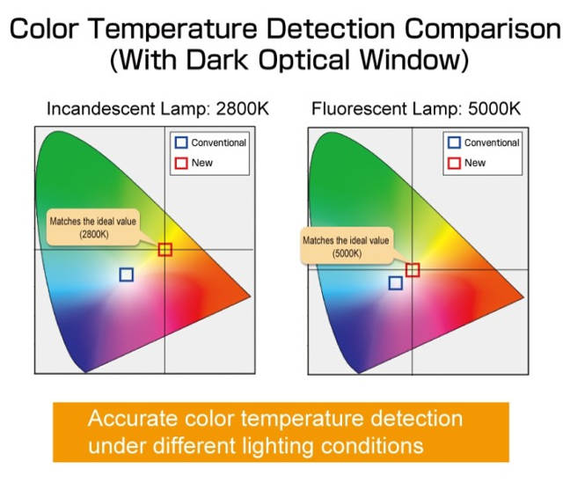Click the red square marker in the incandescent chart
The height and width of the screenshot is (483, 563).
pos(158,249)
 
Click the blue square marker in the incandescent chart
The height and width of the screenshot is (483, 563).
pos(120,274)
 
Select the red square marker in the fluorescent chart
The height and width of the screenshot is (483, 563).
pos(406,270)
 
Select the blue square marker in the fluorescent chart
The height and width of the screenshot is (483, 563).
pos(390,283)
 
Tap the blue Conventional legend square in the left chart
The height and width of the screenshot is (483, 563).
pos(176,143)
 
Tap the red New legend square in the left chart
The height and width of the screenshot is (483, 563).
pos(176,163)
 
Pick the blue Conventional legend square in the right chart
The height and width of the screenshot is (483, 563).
pos(449,143)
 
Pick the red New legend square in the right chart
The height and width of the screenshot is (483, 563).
pos(449,163)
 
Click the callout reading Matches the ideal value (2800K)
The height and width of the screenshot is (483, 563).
pos(93,228)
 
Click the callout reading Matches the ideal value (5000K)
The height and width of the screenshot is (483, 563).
pos(347,246)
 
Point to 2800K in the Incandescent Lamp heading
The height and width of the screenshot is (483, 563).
pos(243,109)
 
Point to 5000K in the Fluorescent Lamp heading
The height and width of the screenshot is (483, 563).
pos(494,109)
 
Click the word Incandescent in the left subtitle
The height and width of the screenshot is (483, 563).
pos(101,109)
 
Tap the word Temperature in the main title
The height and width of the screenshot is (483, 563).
pos(172,29)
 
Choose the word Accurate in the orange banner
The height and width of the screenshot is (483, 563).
pos(133,419)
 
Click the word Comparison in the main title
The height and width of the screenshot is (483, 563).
pos(483,29)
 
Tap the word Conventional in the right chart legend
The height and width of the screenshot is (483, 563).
pos(492,143)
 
